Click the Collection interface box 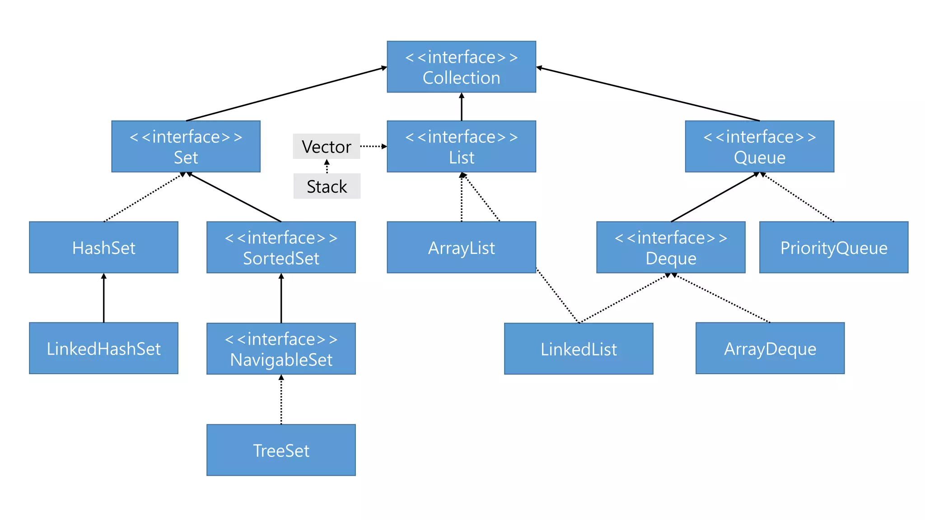461,67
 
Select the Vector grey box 326,146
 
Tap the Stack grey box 327,186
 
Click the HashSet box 103,247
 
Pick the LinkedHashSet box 103,348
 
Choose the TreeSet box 281,450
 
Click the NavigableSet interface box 281,348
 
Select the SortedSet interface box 281,247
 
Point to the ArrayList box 461,247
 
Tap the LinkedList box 579,348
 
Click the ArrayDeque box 770,348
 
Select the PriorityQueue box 834,247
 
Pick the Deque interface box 671,247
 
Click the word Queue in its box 759,158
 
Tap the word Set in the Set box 186,158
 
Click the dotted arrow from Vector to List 373,146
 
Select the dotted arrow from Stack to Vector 327,166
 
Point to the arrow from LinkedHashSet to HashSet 104,298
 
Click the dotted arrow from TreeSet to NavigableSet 281,399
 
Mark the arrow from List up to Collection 462,107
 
